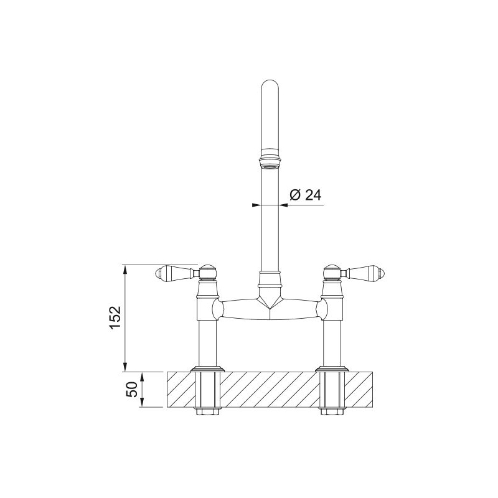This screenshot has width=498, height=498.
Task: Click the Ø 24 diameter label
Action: (x=305, y=195)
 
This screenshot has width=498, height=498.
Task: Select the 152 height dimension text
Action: (x=115, y=317)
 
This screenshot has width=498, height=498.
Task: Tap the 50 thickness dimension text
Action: (x=132, y=390)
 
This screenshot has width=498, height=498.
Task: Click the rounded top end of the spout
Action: (x=270, y=85)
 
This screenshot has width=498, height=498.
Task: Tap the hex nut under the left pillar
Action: (x=208, y=411)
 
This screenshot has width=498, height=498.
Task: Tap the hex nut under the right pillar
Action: (x=332, y=411)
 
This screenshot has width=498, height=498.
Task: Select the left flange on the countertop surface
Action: (x=208, y=369)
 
